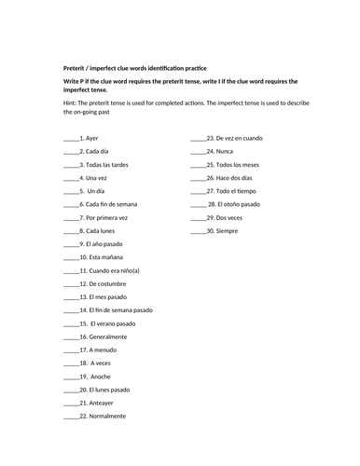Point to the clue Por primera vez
click(x=107, y=216)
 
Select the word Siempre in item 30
click(x=228, y=229)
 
